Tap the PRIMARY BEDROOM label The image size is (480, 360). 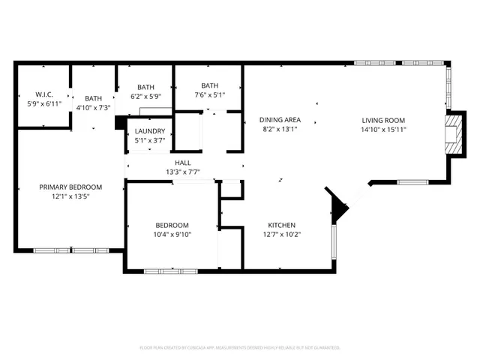pos(70,187)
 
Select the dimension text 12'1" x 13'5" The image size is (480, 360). pos(70,197)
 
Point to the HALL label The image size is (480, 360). pos(183,162)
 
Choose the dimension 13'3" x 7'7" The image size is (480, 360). pos(183,172)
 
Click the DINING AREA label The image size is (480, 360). pos(280,120)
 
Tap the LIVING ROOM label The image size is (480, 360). pos(383,120)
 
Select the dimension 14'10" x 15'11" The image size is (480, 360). pos(383,129)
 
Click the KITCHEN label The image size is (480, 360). pos(282,225)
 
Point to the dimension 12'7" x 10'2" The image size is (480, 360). pos(282,234)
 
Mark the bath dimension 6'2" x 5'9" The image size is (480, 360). pos(145,96)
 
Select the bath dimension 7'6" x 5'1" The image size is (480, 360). pos(209,95)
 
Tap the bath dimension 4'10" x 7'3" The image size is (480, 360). pos(94,108)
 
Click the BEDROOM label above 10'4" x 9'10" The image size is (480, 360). pos(172,225)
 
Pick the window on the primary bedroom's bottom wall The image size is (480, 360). pos(71,250)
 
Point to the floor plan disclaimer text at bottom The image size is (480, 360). pos(240,348)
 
